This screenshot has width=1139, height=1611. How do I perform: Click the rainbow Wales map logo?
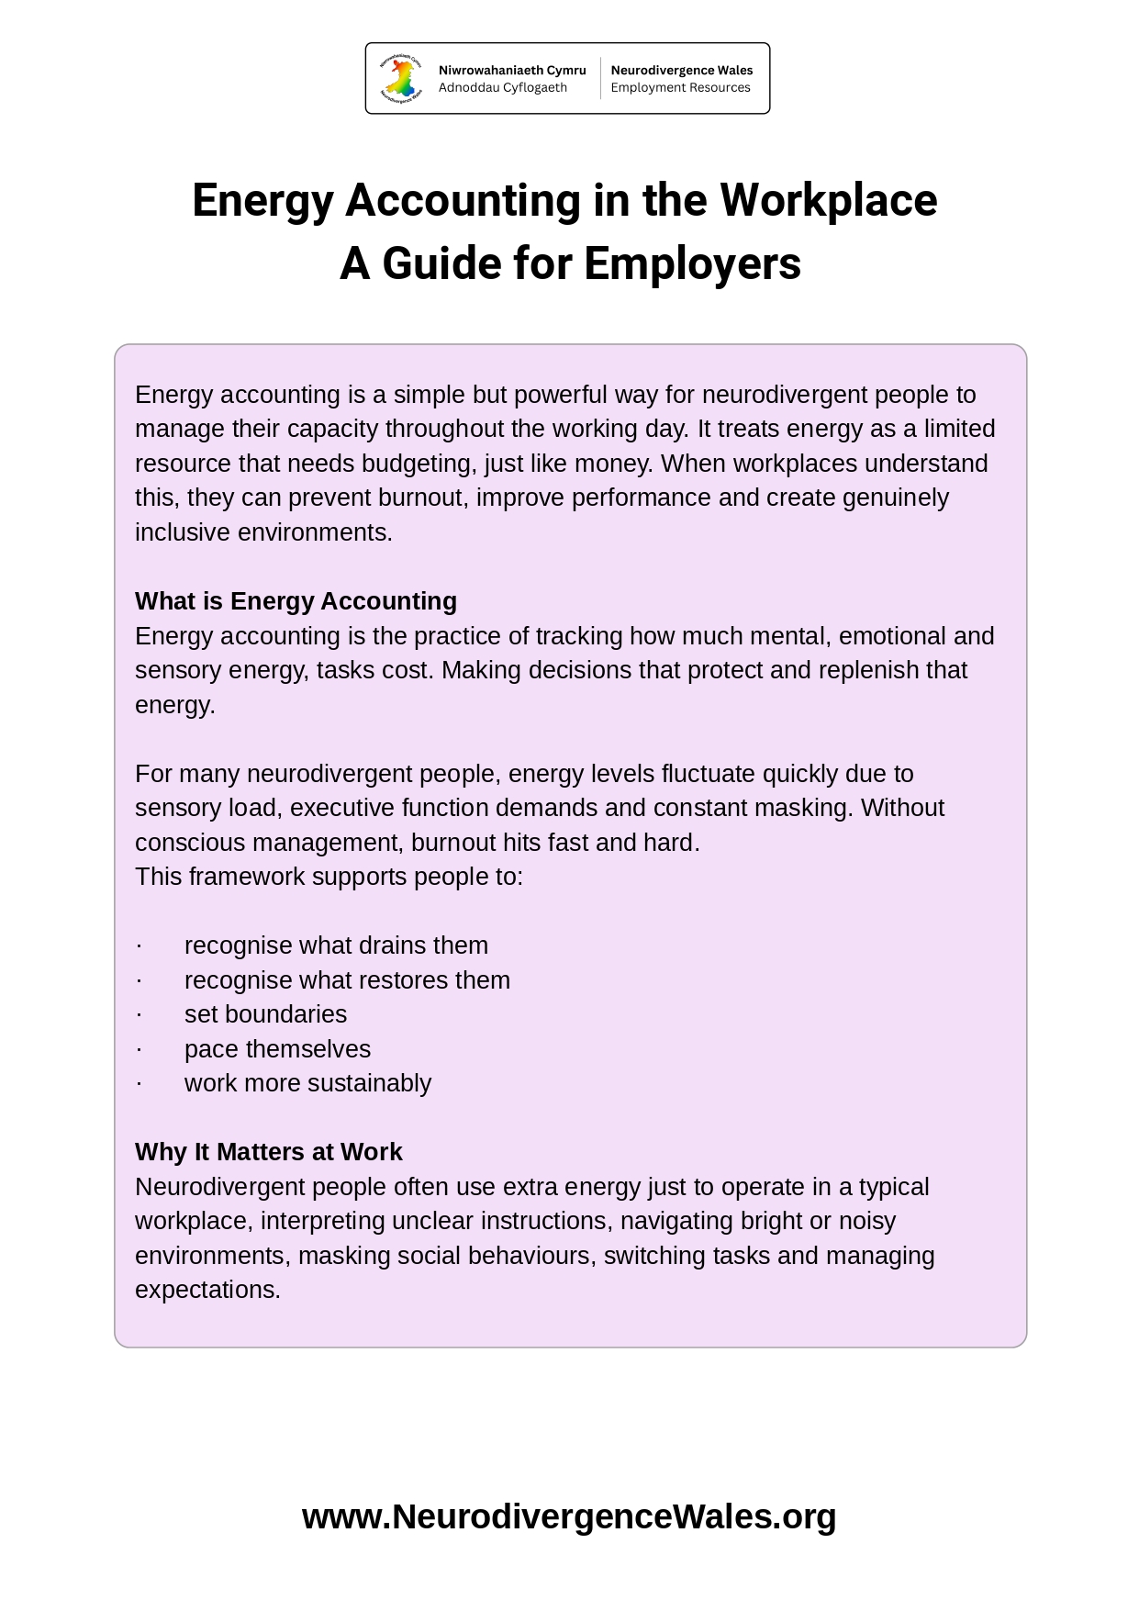[401, 78]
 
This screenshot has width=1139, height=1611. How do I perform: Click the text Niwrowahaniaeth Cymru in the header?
[511, 71]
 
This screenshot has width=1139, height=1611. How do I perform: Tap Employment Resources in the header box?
[680, 88]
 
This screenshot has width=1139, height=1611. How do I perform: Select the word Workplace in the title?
[828, 200]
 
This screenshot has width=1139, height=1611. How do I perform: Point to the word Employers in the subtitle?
[692, 263]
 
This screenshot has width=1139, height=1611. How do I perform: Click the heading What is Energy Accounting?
[296, 601]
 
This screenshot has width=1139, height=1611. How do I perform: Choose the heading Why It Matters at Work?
[268, 1152]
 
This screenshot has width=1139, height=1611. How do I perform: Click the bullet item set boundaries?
[265, 1014]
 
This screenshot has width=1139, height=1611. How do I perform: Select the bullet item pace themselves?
[277, 1049]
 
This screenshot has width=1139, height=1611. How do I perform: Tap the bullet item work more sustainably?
[307, 1083]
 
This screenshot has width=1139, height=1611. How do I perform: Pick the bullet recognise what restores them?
[347, 980]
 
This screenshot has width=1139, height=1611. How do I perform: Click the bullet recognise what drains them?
[336, 945]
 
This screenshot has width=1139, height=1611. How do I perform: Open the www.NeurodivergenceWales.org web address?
[569, 1516]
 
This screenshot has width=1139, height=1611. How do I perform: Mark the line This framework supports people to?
[329, 877]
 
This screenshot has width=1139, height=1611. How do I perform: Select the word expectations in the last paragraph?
[207, 1290]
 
